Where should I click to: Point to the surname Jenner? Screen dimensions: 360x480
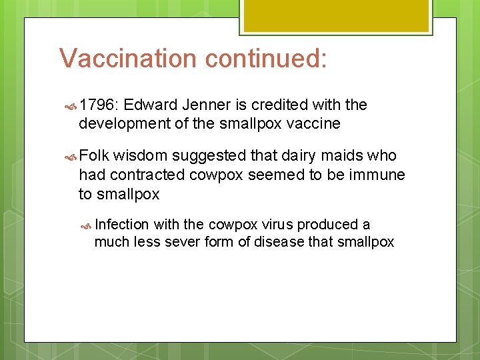pyautogui.click(x=205, y=105)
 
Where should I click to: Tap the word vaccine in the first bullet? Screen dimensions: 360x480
pyautogui.click(x=314, y=123)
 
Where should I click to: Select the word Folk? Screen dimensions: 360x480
pyautogui.click(x=94, y=156)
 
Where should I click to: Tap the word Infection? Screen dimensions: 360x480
pyautogui.click(x=122, y=225)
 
